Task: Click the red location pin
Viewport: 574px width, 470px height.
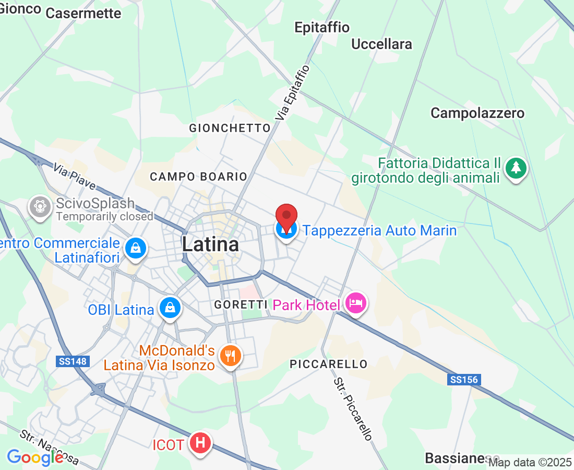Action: pos(286,215)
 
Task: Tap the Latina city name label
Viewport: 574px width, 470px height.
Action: pos(210,244)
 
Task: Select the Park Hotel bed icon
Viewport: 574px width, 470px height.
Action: pos(357,303)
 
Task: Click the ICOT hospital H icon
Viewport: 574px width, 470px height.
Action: pos(200,443)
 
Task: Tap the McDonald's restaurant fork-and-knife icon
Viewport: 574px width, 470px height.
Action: pos(230,356)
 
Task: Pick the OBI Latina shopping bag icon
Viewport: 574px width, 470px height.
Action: pos(170,308)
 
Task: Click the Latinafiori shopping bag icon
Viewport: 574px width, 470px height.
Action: pos(136,248)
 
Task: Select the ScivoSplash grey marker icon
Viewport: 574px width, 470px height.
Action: pos(40,206)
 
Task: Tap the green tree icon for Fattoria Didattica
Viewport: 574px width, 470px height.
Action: pos(516,168)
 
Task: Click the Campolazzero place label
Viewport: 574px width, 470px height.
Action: pos(477,113)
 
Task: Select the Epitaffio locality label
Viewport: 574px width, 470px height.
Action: pos(322,27)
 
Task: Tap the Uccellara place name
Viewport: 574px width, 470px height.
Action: pos(381,44)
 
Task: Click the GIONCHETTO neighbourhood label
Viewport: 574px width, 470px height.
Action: pos(230,128)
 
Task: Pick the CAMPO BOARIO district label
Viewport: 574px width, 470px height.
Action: pos(198,177)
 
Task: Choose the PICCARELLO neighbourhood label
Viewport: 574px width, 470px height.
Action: pos(329,364)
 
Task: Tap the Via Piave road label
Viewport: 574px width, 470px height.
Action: pos(75,177)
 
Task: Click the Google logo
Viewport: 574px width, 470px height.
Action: pos(35,457)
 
